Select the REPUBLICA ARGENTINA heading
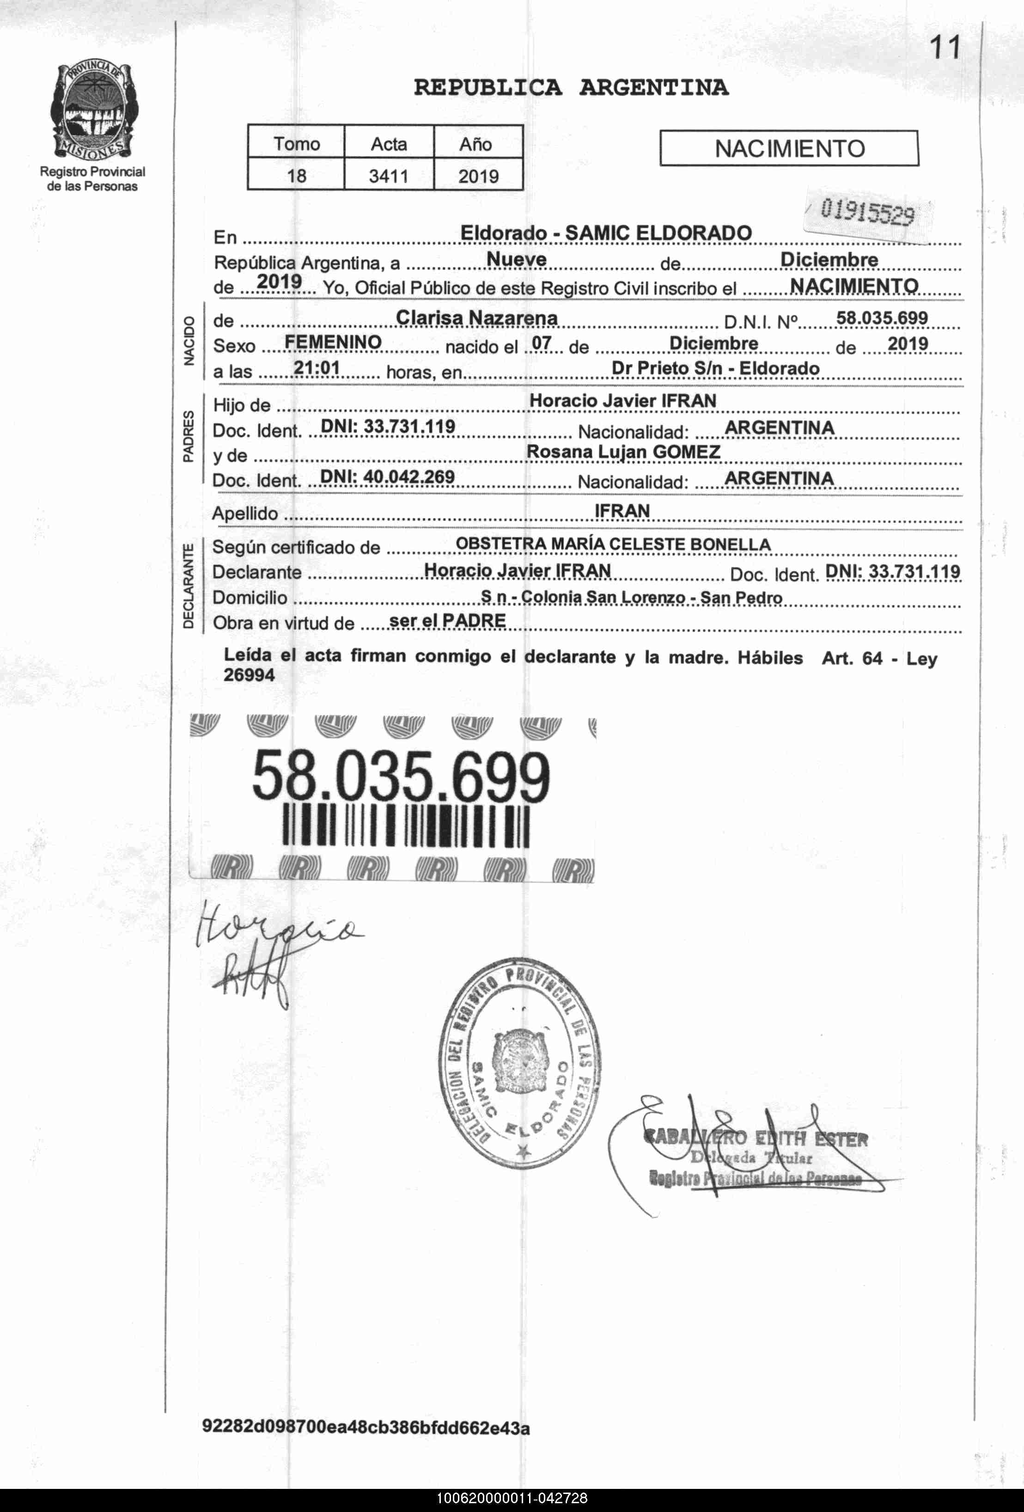[571, 87]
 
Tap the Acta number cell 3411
[389, 176]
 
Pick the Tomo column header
[296, 143]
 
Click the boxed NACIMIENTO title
[789, 149]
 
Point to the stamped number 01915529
[867, 213]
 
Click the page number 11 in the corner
[945, 48]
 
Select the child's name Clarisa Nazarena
[477, 318]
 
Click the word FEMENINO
[333, 342]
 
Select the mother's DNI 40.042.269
[388, 477]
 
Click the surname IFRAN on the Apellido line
[622, 511]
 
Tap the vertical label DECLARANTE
[188, 586]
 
